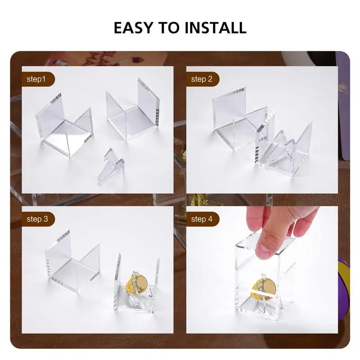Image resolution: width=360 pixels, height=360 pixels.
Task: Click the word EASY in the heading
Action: (133, 27)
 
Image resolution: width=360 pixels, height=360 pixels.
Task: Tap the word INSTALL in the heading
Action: (216, 27)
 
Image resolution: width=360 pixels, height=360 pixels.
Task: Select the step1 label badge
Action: (38, 79)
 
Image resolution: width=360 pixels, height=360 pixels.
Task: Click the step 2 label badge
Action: (202, 79)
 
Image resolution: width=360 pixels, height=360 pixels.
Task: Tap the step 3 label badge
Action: (38, 219)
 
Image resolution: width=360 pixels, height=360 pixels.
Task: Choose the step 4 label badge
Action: (202, 219)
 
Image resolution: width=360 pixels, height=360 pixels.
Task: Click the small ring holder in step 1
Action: (111, 166)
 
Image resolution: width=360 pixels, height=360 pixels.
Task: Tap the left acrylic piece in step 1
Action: (65, 126)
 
